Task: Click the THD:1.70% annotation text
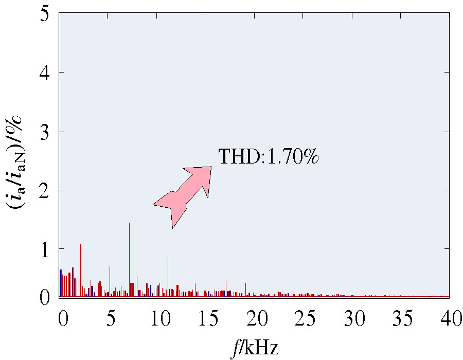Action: [x=269, y=156]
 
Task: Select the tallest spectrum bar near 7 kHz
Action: [x=129, y=260]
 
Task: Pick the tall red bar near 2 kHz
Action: [x=81, y=270]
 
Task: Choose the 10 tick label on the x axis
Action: [x=158, y=320]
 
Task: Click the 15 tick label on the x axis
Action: [x=207, y=320]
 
